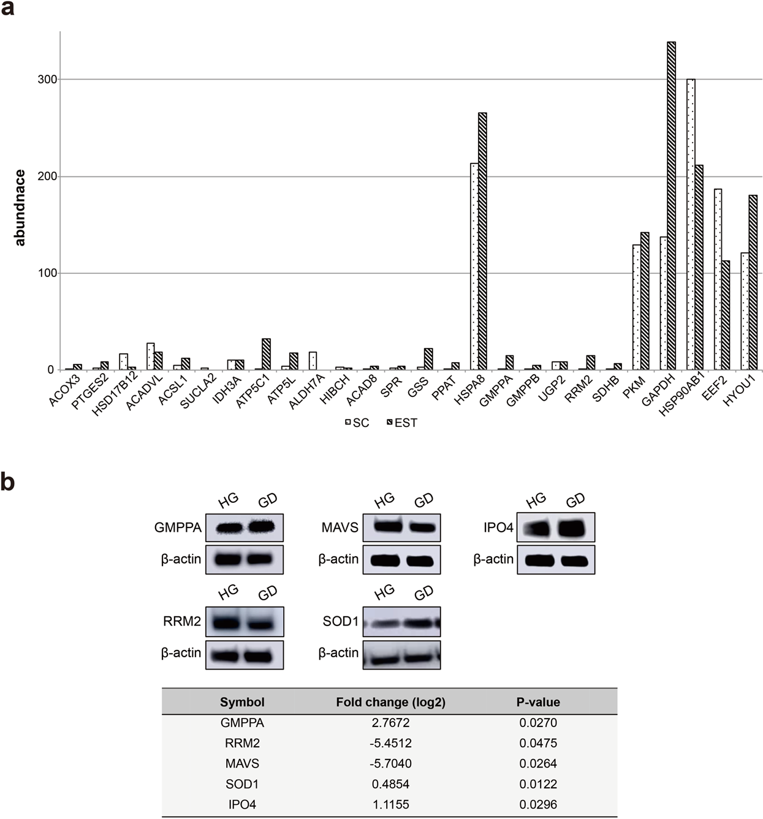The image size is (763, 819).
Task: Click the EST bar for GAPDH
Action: (x=671, y=206)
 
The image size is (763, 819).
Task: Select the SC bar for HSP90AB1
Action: (x=691, y=224)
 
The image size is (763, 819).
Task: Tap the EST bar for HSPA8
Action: (x=482, y=241)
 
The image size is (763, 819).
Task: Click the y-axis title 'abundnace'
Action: (x=20, y=208)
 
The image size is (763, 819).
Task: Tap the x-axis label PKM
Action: (x=635, y=389)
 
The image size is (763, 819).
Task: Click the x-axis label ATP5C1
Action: (x=252, y=395)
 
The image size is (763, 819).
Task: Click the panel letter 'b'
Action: (x=8, y=482)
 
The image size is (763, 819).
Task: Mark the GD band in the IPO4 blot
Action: (x=573, y=527)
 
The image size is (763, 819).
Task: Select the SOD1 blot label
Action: (x=340, y=621)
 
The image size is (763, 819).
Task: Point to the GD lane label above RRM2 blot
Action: (x=267, y=592)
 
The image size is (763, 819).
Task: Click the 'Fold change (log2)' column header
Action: (x=390, y=702)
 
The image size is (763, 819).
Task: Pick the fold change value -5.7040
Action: (x=390, y=763)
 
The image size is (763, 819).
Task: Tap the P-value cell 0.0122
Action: (x=538, y=784)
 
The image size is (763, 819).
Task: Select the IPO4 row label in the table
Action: (x=242, y=804)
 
